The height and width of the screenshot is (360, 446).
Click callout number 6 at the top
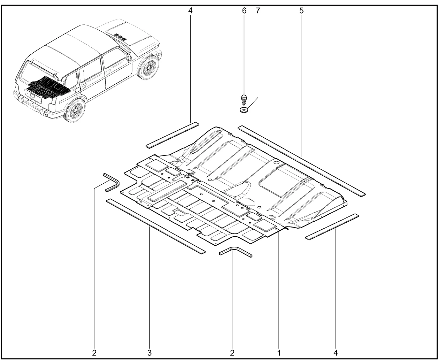click(x=244, y=10)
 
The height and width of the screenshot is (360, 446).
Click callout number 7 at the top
click(x=258, y=10)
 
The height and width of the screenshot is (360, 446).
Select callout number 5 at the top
click(x=301, y=10)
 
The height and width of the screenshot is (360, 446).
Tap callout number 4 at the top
click(x=190, y=10)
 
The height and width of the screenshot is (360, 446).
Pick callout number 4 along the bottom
click(x=336, y=353)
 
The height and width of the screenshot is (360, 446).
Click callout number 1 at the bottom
click(x=279, y=353)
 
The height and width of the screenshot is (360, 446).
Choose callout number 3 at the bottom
click(x=149, y=353)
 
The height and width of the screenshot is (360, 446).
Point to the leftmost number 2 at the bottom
click(x=94, y=353)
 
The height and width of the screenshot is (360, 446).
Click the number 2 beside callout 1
click(x=232, y=353)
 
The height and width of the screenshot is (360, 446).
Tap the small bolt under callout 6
click(x=244, y=100)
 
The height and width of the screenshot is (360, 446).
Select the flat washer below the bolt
click(x=244, y=109)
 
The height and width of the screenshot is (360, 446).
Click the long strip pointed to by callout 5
click(x=301, y=161)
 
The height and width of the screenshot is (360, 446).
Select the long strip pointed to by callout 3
click(x=156, y=227)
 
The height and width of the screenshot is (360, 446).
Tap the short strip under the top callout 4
click(x=172, y=135)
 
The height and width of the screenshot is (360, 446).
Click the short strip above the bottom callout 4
click(x=332, y=227)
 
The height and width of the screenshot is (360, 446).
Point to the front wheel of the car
click(x=148, y=67)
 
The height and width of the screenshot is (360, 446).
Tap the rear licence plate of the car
click(x=33, y=96)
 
